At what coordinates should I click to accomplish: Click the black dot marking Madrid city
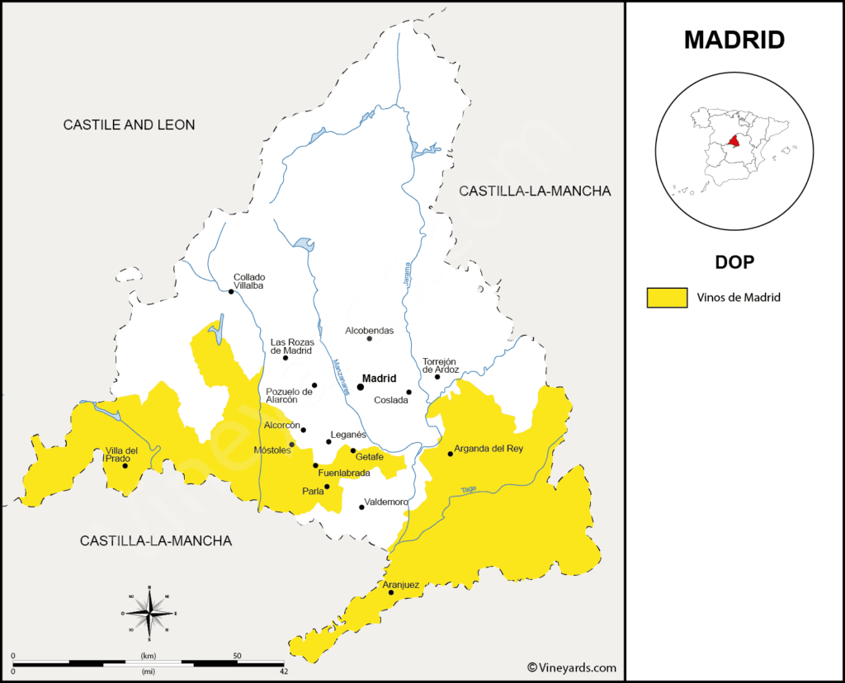coord(361,386)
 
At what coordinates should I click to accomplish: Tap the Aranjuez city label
coord(401,585)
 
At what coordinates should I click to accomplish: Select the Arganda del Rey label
coord(489,449)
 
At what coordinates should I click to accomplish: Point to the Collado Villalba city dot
coord(231,291)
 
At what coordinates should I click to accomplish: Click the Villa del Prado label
coord(121,455)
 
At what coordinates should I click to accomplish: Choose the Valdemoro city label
coord(386,502)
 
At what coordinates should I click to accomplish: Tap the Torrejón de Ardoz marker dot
coord(437,377)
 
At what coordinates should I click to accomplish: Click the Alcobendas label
coord(369,330)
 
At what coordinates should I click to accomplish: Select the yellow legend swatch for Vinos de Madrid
coord(667,298)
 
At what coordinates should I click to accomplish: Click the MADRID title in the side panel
coord(734,40)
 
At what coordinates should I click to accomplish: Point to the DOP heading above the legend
coord(734,261)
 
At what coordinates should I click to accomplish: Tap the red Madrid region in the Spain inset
coord(733,143)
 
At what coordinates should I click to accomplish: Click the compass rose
coord(149,613)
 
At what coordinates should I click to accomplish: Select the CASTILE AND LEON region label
coord(130,125)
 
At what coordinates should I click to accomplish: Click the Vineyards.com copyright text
coord(571,667)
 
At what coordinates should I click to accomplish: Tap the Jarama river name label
coord(406,274)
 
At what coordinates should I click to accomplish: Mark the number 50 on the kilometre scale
coord(237,656)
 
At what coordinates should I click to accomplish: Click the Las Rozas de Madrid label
coord(290,346)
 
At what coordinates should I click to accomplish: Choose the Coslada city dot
coord(408,392)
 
